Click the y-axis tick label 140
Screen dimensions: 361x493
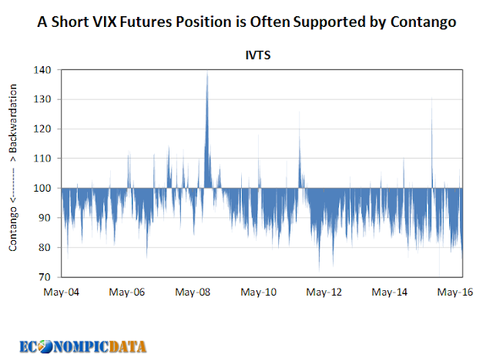click(42, 70)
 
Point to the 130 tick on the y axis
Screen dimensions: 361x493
click(42, 99)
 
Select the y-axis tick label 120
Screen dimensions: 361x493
click(42, 129)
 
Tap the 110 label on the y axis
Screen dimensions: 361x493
click(42, 159)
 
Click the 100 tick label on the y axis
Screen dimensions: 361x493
click(42, 188)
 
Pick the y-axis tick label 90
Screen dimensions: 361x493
click(45, 218)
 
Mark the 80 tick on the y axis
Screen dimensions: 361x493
click(45, 247)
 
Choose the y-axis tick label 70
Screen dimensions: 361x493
click(45, 276)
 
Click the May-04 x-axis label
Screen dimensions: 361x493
click(61, 292)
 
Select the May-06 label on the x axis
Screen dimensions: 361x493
click(127, 292)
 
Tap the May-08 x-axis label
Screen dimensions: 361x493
click(193, 292)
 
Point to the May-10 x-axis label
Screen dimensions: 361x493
click(260, 292)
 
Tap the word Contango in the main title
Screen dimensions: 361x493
click(423, 22)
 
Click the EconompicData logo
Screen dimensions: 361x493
click(83, 345)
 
